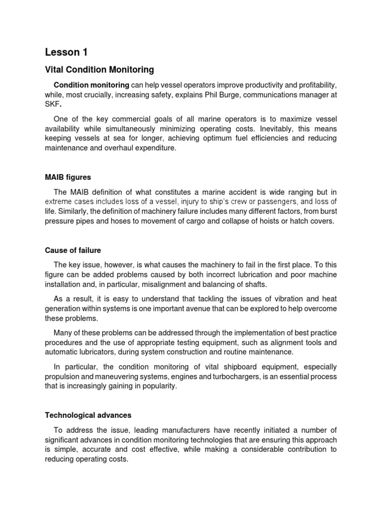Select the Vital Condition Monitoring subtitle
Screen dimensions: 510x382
(x=99, y=70)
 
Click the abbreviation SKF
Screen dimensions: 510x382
(x=52, y=104)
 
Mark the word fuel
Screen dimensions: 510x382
(x=229, y=138)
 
